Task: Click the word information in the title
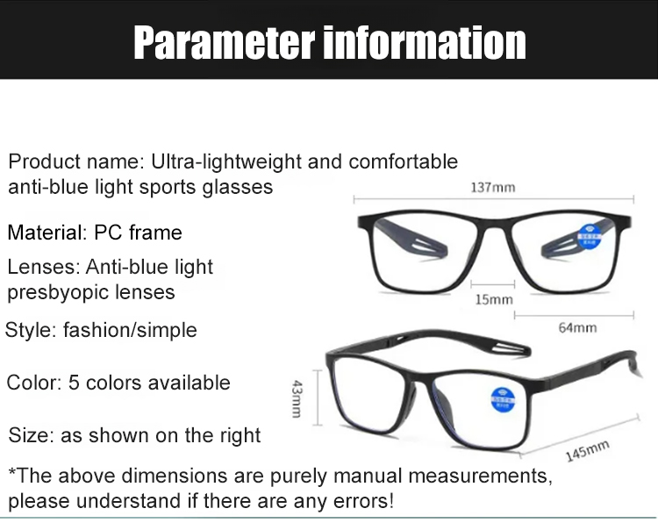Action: [x=426, y=42]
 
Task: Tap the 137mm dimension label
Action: [x=492, y=187]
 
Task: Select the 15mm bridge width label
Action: [x=494, y=300]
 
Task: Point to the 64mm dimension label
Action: [x=577, y=327]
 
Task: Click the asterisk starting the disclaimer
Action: [x=12, y=475]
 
